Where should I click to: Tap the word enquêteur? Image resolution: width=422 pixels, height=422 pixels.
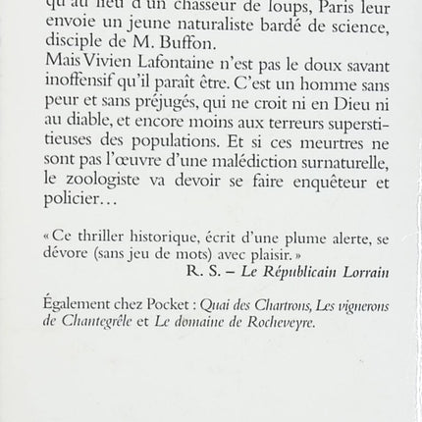pyautogui.click(x=303, y=184)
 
